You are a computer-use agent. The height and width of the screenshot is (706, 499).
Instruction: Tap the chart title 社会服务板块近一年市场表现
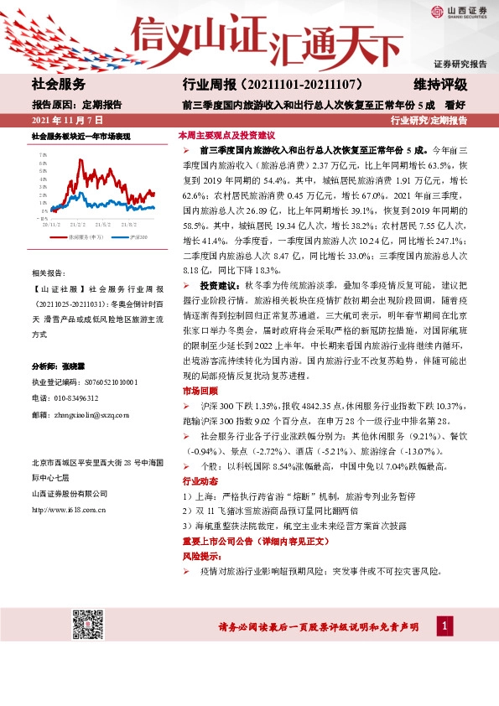pos(81,135)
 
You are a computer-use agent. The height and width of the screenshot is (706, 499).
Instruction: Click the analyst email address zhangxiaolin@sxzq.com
pos(89,414)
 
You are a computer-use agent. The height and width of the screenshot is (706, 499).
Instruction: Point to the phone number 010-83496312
pos(75,398)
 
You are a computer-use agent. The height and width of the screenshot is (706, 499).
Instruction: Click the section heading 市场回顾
pos(193,391)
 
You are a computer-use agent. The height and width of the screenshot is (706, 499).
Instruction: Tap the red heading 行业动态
pos(193,483)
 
